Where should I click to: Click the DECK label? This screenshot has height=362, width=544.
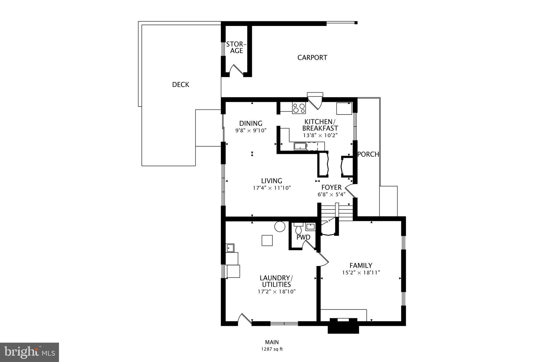[x=181, y=85]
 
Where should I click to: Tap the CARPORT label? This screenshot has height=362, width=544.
[x=312, y=58]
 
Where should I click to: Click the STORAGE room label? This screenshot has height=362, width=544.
[x=236, y=47]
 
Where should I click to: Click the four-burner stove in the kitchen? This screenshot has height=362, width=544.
[x=299, y=108]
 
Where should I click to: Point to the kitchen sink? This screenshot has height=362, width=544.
[x=300, y=146]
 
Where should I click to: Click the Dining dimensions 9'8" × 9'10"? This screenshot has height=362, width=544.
[x=251, y=130]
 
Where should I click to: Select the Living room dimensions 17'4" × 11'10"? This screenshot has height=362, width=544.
[x=272, y=188]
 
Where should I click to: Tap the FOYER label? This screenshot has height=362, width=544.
[x=331, y=187]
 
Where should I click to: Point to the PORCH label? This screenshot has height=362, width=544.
[x=368, y=154]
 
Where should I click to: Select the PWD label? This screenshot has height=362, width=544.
[x=303, y=237]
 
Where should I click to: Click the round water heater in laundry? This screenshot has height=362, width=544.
[x=280, y=226]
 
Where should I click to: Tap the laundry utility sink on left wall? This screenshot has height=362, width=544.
[x=230, y=248]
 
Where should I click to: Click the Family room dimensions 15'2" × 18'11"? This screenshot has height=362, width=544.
[x=361, y=272]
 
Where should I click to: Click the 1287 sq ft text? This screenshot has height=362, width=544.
[x=272, y=349]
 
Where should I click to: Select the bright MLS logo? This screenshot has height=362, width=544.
[x=29, y=352]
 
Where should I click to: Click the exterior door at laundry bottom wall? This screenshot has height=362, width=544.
[x=244, y=320]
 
